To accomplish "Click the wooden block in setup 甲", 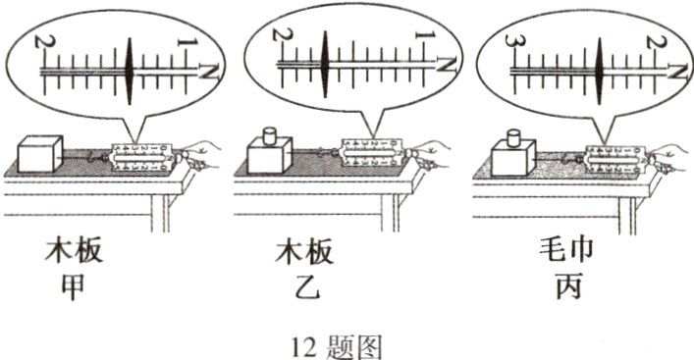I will tap(40, 153).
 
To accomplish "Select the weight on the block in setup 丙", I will tap(512, 137).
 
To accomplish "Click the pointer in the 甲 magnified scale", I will tap(131, 70).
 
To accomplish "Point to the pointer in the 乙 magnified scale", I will tap(324, 65).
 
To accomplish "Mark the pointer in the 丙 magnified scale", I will tap(600, 69).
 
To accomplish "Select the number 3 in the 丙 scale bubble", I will tap(510, 43).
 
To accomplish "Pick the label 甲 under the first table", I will tap(75, 289).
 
